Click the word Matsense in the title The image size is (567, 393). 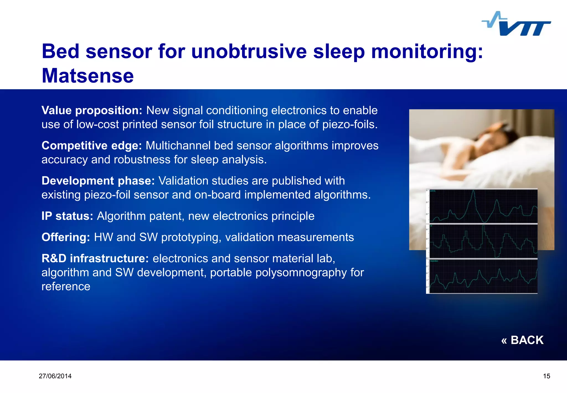[x=88, y=76]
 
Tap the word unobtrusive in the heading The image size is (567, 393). [x=249, y=52]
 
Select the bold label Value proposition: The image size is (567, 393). [x=92, y=110]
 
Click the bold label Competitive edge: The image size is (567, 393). [x=92, y=146]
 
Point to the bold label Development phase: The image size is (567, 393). [x=98, y=181]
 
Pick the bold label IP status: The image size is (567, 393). [x=67, y=216]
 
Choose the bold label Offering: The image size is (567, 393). [x=66, y=237]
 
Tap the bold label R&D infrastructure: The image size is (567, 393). [x=95, y=258]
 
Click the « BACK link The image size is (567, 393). [x=522, y=340]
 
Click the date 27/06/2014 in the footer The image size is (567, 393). [x=55, y=376]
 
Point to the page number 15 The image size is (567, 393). [x=547, y=376]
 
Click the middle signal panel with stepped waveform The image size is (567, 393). [x=483, y=241]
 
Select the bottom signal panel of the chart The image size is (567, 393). [x=483, y=276]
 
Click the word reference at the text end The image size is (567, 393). [x=66, y=286]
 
